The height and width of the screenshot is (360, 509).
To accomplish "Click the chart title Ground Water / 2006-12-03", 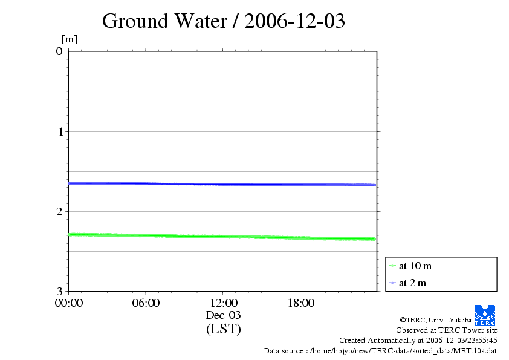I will (x=223, y=21).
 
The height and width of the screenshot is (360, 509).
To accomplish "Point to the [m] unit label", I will (x=70, y=39).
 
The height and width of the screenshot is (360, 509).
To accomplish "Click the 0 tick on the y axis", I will (x=59, y=51).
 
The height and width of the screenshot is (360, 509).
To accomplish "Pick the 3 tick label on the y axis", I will (x=59, y=291).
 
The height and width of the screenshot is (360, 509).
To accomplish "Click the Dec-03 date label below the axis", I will (x=223, y=315).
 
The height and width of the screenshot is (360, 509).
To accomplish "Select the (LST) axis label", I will (x=223, y=329).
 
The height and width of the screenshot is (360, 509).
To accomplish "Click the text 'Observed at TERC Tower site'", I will (x=447, y=330).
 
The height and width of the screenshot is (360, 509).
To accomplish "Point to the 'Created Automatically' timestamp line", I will (x=418, y=341).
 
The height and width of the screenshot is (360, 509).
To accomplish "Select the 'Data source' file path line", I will (x=381, y=351).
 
